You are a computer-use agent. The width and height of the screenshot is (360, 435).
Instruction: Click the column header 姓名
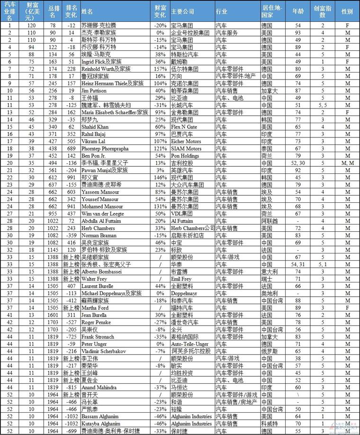87,9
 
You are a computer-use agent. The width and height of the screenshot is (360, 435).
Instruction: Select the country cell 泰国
268,148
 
